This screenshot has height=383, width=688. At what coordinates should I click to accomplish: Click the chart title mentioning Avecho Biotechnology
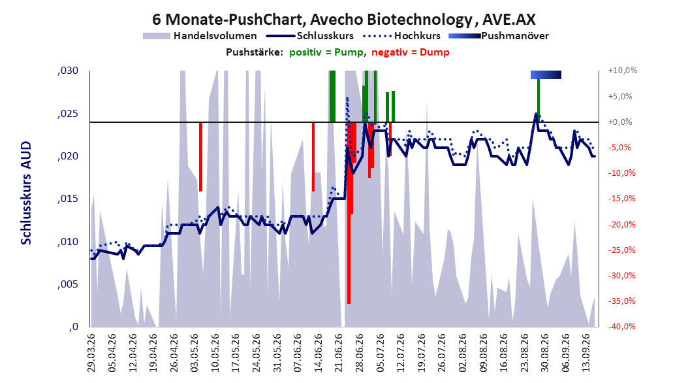(343, 20)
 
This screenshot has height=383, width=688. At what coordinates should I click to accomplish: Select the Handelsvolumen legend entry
(200, 36)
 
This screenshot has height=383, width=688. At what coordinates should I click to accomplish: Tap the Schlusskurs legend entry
(310, 36)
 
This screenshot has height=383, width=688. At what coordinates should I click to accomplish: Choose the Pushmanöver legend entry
(499, 36)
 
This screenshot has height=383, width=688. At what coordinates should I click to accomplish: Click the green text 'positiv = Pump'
(326, 52)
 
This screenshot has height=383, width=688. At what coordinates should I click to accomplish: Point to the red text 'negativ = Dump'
(411, 52)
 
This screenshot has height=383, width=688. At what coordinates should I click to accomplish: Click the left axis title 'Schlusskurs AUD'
(26, 193)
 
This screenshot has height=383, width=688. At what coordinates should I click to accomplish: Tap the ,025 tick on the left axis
(68, 114)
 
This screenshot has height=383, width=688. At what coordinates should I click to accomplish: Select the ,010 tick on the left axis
(68, 242)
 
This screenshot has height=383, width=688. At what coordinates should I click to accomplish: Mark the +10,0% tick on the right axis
(623, 71)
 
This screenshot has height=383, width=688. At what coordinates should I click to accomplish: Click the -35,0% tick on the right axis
(621, 301)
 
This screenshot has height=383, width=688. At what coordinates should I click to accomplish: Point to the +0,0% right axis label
(620, 122)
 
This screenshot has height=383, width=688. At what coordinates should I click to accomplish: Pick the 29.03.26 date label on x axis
(91, 353)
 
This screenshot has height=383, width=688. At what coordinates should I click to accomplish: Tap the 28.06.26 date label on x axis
(360, 353)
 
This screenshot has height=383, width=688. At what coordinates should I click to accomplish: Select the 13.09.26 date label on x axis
(586, 353)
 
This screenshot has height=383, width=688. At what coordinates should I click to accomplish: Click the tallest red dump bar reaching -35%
(349, 213)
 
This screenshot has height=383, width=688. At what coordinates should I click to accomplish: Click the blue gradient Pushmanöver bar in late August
(546, 75)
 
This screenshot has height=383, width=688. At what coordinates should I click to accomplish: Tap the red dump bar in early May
(200, 157)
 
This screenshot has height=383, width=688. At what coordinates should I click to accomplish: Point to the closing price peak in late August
(536, 114)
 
